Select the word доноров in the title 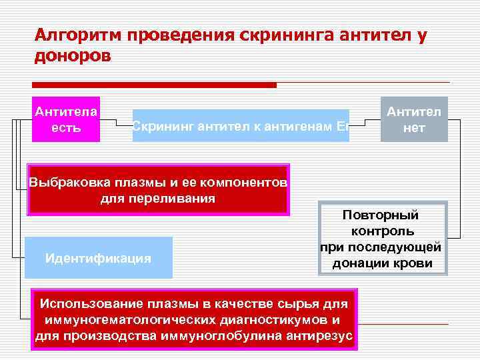[73, 56]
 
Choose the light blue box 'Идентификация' [98, 258]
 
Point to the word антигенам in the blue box [299, 125]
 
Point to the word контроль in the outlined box [381, 231]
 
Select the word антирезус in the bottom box [320, 335]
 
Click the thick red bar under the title [154, 85]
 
